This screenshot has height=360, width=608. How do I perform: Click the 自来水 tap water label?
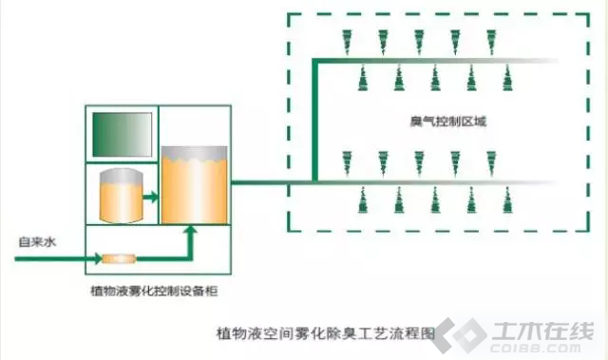click(38, 242)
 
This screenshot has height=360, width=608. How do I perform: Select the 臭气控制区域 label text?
click(447, 122)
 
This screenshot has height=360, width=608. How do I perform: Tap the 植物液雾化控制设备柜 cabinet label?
click(154, 291)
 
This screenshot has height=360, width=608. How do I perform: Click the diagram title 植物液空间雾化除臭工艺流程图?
click(326, 333)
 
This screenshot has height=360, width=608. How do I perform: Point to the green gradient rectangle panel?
click(123, 135)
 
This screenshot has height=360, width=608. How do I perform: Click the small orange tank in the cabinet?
click(122, 196)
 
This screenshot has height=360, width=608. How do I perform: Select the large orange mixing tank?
click(194, 185)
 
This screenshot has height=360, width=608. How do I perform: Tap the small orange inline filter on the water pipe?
click(119, 258)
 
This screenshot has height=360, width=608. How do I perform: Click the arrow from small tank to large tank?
click(150, 197)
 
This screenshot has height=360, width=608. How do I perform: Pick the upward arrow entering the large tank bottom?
click(190, 242)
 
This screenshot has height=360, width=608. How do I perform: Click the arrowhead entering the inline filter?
click(99, 258)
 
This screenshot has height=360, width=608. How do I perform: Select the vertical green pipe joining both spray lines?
click(314, 121)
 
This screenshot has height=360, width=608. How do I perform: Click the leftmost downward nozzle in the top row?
click(347, 42)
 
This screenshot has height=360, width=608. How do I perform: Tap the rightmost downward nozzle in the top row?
click(491, 42)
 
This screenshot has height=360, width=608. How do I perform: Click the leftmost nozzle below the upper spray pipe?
click(363, 78)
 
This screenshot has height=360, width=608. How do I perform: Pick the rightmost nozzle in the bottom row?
click(507, 200)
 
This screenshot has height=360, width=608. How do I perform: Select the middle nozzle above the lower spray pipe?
click(419, 163)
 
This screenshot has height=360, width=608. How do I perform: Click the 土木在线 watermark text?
click(542, 332)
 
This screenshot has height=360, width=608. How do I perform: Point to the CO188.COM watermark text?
click(536, 348)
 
